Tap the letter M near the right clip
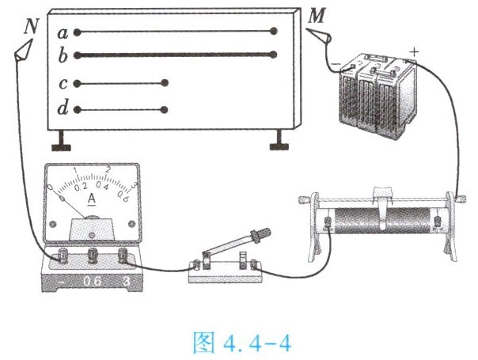click(x=317, y=16)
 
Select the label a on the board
click(x=63, y=33)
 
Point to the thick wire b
click(x=176, y=55)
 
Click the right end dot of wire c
click(x=165, y=83)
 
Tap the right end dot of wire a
click(x=274, y=31)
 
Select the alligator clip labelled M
click(x=319, y=36)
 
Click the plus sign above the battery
click(x=414, y=51)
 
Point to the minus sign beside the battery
click(x=336, y=64)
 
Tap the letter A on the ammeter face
click(x=92, y=199)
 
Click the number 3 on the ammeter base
click(x=126, y=281)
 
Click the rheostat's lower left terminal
click(x=328, y=222)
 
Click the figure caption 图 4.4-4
click(x=242, y=343)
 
